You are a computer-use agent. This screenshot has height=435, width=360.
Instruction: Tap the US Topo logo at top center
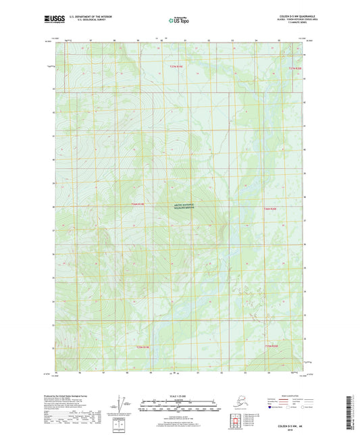[179, 21]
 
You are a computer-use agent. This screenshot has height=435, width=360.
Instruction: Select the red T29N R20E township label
[271, 347]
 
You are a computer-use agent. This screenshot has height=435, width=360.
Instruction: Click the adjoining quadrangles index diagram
[236, 419]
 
